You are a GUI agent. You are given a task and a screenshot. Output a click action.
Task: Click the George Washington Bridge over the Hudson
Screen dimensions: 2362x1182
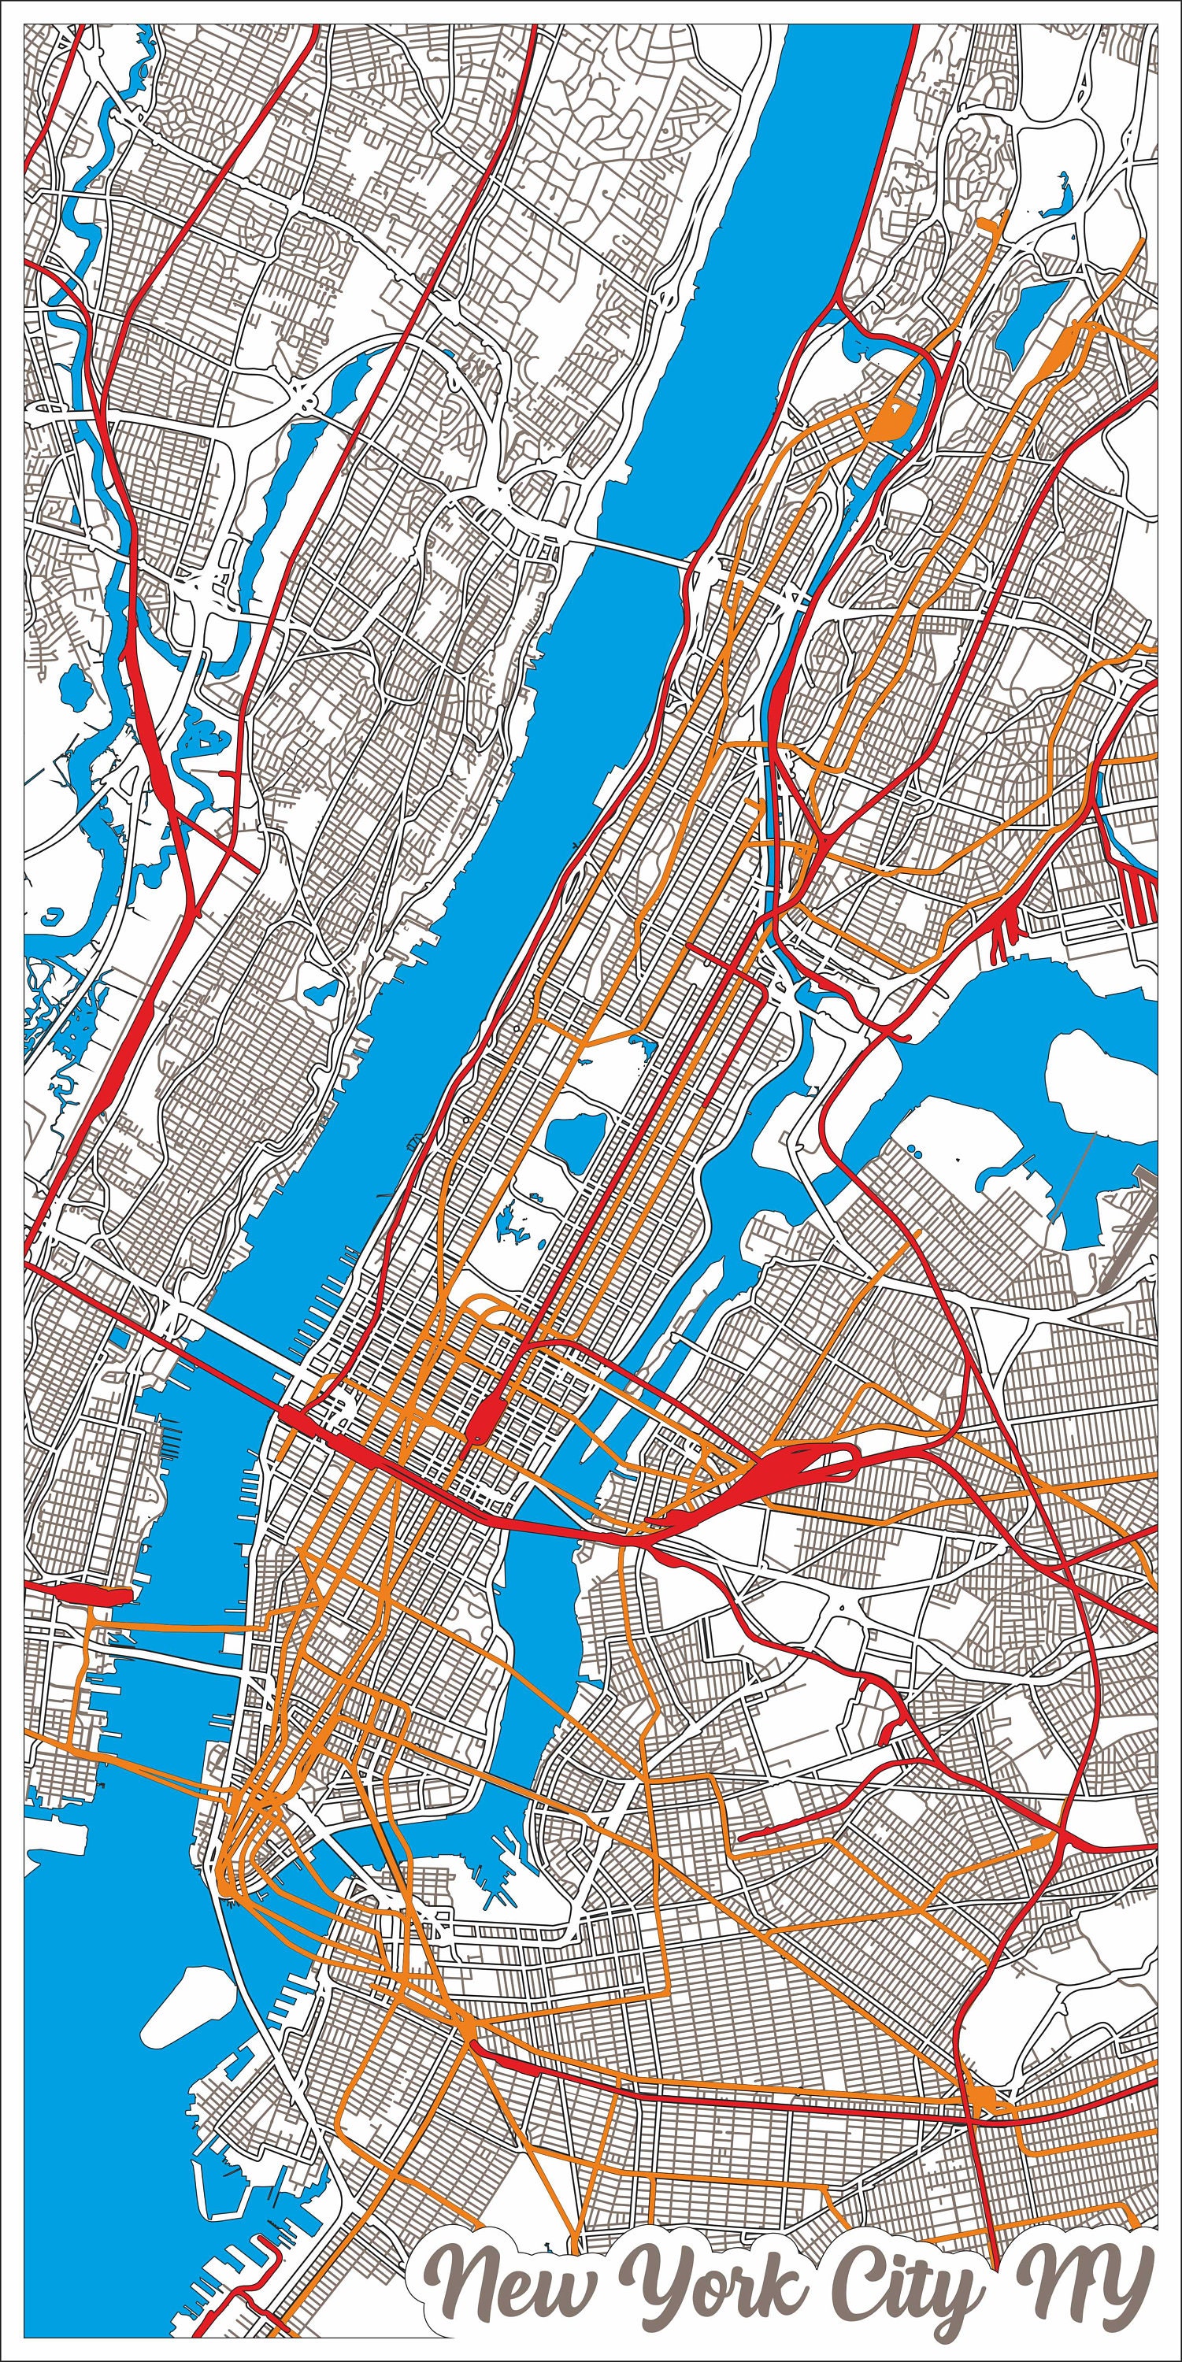pyautogui.click(x=632, y=550)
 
